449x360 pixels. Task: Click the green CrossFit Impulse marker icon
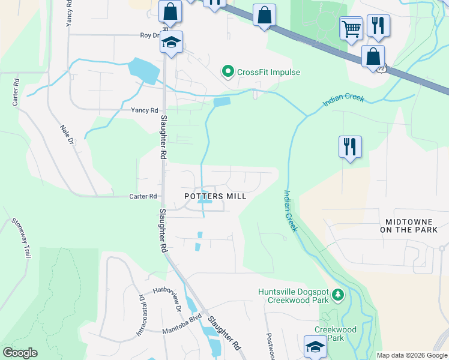228,72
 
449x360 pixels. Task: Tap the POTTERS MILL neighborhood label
215,196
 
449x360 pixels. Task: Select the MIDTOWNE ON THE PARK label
414,226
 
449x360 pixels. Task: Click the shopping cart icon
351,27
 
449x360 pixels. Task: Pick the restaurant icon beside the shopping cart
378,25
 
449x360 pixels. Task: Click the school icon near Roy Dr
172,43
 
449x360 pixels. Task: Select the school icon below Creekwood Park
315,346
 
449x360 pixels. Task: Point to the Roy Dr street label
149,35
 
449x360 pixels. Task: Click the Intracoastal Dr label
140,315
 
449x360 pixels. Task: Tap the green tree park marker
339,295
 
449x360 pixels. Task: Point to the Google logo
20,353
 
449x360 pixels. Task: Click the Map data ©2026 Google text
412,355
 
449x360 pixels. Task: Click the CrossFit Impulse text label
268,72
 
